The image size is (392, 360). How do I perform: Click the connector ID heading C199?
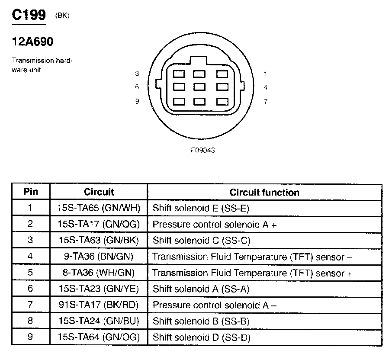[x=29, y=15]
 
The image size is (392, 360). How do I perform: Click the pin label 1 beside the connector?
[x=265, y=74]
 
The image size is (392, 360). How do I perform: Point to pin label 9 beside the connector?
[x=137, y=101]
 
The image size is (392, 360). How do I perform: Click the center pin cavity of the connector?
[x=199, y=87]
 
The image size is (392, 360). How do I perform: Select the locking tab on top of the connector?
[x=199, y=60]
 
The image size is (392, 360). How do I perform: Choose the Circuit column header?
[x=99, y=192]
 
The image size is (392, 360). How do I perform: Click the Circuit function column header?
[x=264, y=192]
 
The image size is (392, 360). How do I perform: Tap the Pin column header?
[x=30, y=192]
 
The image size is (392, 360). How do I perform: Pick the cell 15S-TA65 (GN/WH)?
[x=99, y=208]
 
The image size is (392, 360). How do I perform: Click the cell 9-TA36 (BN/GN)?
[x=99, y=257]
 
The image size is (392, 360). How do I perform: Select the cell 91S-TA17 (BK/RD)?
[x=99, y=305]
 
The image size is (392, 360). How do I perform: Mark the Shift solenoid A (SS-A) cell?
[x=201, y=289]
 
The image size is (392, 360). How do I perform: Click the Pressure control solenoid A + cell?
[x=215, y=225]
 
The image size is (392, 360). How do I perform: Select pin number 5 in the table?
[x=30, y=273]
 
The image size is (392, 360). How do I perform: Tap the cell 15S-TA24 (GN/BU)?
[x=99, y=321]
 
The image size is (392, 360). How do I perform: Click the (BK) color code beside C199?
[x=62, y=16]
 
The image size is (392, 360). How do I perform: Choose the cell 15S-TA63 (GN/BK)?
[x=99, y=241]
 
